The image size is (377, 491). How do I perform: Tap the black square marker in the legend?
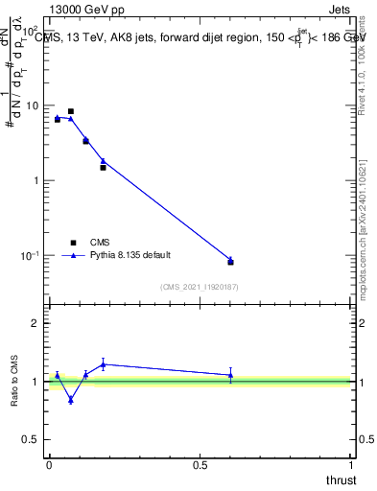point(71,243)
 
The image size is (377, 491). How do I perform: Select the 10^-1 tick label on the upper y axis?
point(31,255)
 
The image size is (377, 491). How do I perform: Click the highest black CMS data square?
point(71,111)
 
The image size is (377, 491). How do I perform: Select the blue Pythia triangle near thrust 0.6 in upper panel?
point(230,259)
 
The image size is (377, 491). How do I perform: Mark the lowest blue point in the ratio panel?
point(71,400)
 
